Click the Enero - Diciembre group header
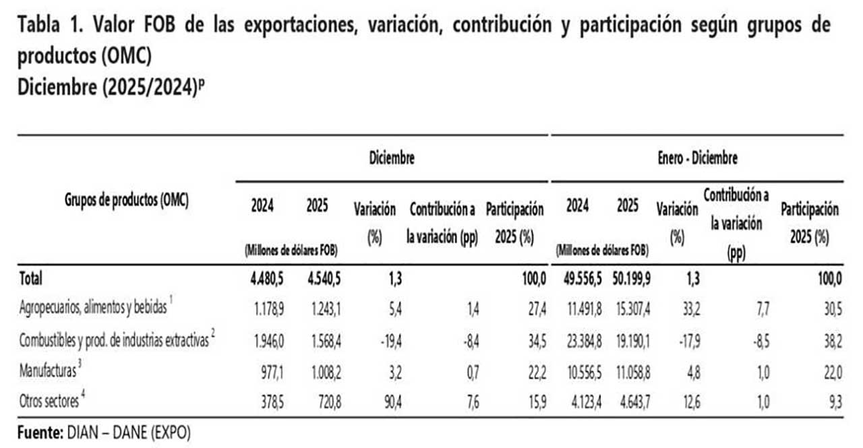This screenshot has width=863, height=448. tap(698, 159)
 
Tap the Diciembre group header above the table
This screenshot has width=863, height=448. tap(392, 159)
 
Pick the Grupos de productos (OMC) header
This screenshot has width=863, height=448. tap(126, 199)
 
